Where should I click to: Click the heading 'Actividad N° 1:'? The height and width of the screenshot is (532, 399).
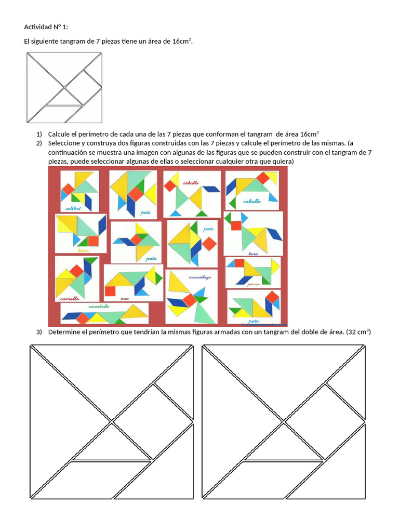click(x=46, y=27)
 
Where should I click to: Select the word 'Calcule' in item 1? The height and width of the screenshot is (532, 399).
click(x=60, y=134)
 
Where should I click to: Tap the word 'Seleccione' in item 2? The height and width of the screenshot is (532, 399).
click(x=65, y=143)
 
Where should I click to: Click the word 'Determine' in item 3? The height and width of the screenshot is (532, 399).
click(x=65, y=332)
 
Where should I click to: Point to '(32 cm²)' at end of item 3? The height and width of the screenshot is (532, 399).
click(x=358, y=332)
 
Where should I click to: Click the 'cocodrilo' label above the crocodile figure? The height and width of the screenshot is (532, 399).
click(x=98, y=307)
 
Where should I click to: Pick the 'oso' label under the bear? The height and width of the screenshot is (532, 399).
click(x=124, y=299)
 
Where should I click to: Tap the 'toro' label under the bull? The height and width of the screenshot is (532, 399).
click(x=253, y=253)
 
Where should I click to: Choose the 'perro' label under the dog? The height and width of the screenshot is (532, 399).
click(x=254, y=284)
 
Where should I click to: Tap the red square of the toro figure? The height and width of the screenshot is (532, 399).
click(x=236, y=225)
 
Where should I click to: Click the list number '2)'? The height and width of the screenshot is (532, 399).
click(x=39, y=143)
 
